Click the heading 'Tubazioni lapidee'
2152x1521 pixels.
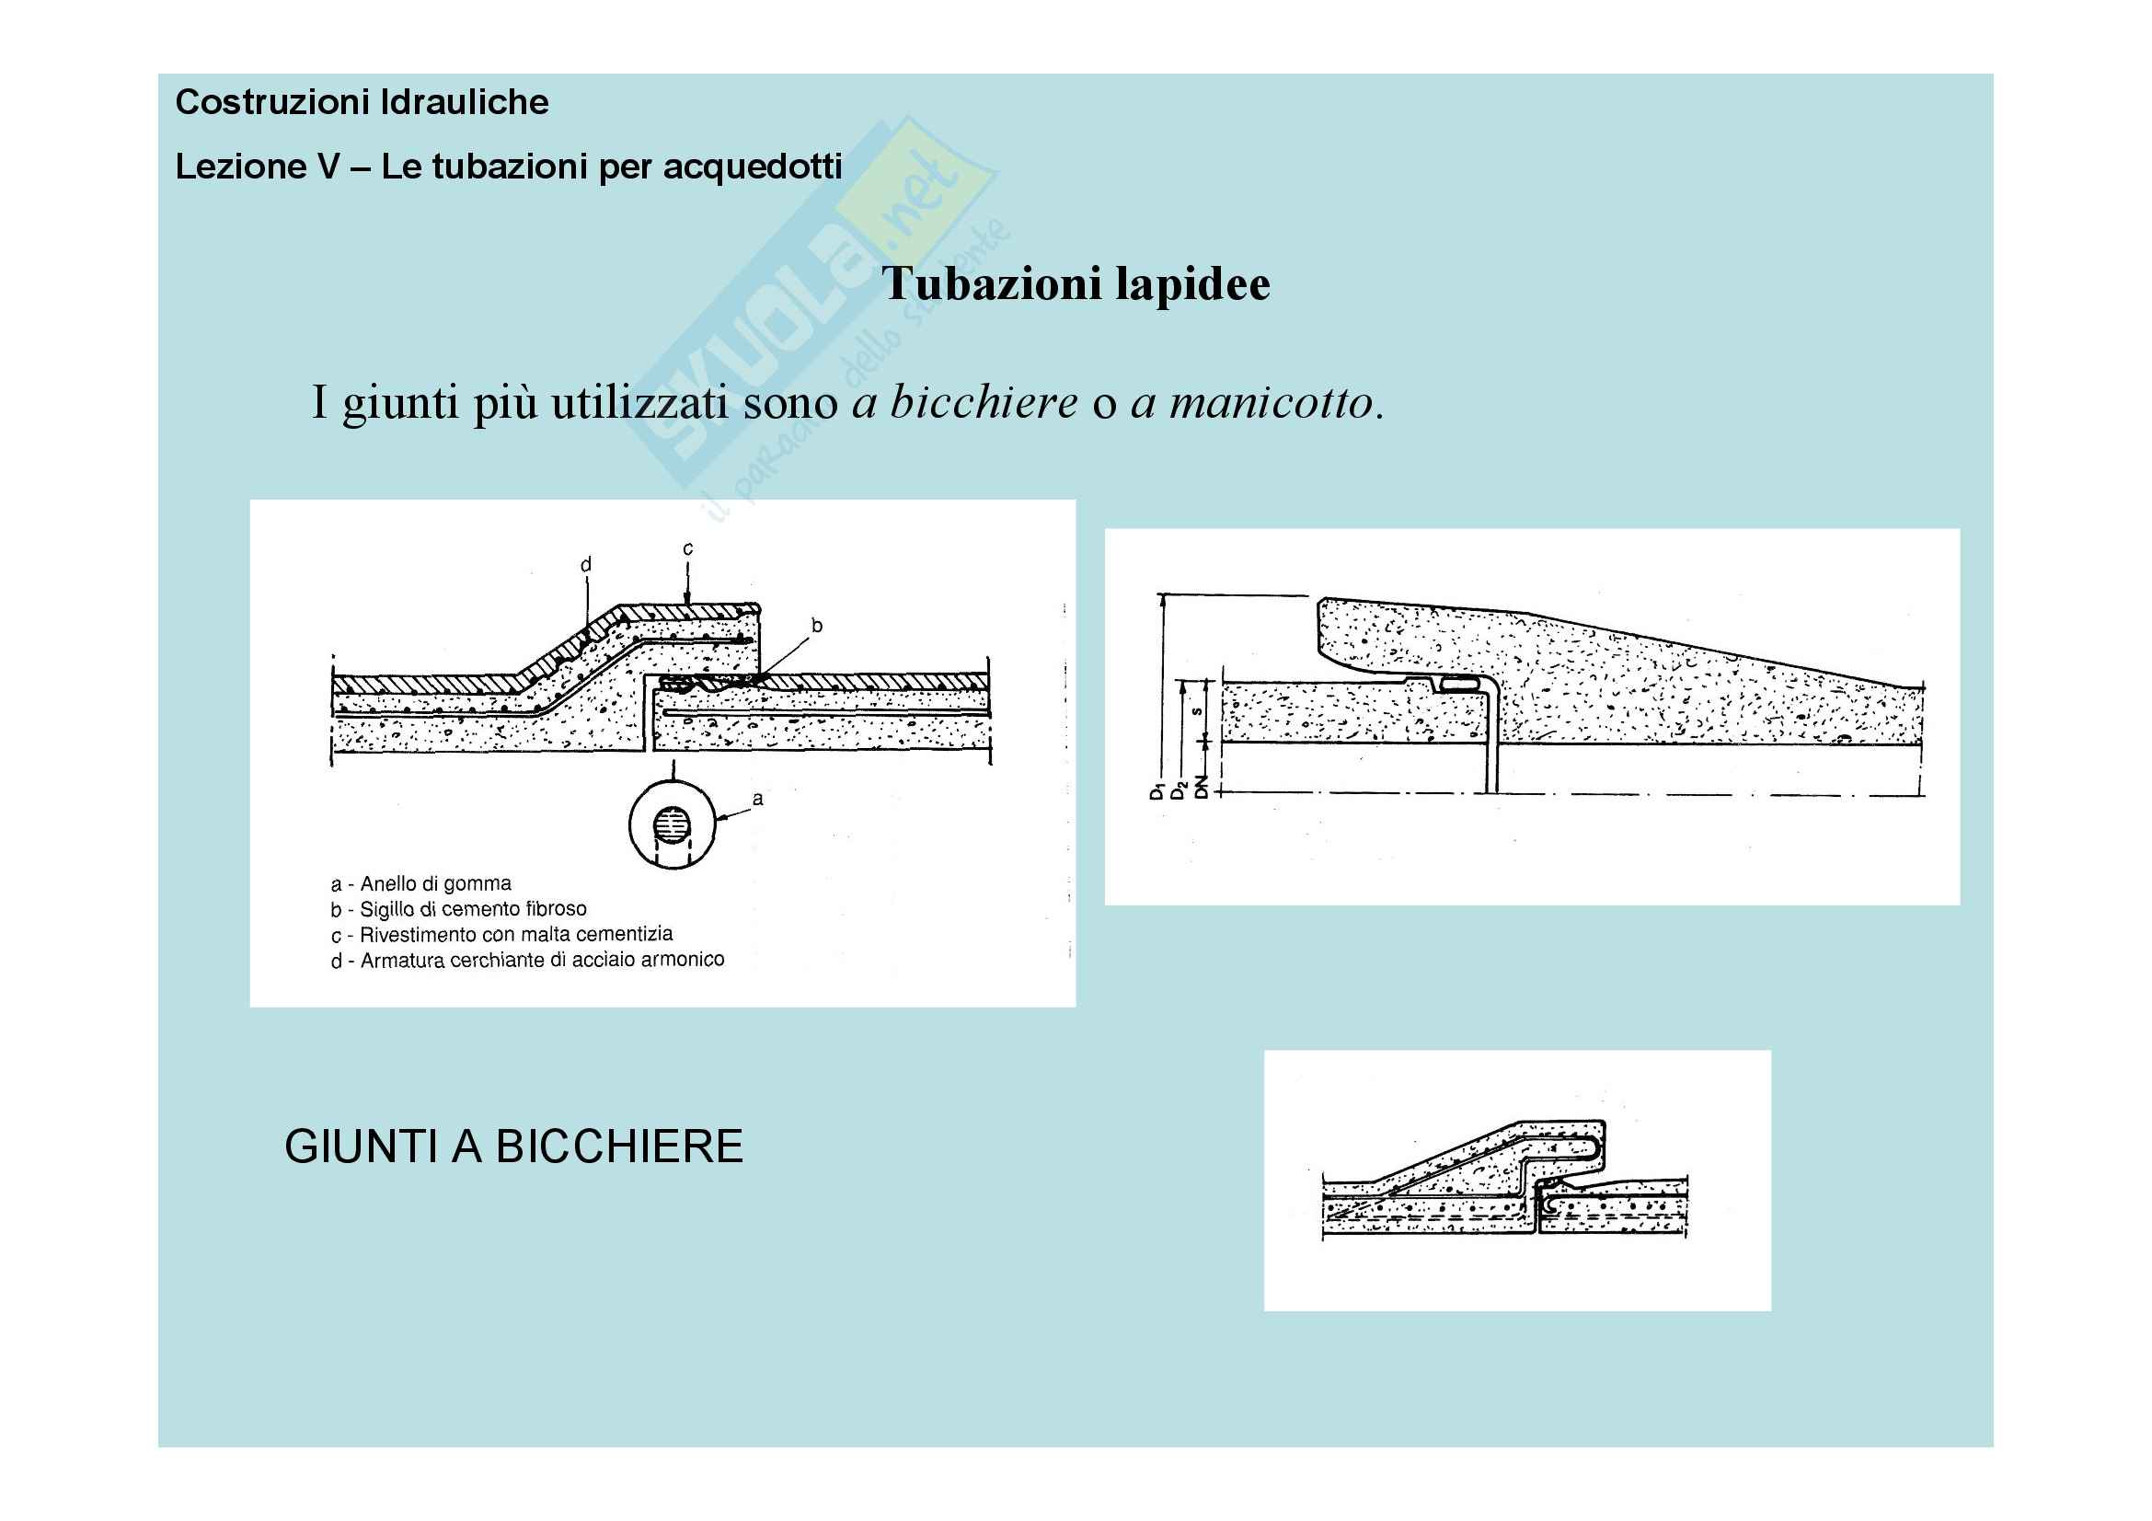1076,284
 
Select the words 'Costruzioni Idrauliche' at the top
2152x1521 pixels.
362,102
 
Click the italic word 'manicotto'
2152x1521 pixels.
1258,403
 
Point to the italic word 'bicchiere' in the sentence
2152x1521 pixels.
964,403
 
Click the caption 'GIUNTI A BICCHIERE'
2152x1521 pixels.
513,1147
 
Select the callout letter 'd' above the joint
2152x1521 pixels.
586,564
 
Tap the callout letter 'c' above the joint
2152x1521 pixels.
688,548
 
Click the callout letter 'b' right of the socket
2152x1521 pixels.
816,625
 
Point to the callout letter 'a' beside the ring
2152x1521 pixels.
757,799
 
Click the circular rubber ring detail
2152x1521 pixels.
672,825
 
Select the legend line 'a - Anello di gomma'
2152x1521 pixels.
420,883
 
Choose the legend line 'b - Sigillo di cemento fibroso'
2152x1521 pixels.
458,909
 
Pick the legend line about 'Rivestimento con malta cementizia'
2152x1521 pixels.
501,934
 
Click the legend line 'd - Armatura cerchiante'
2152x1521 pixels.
527,960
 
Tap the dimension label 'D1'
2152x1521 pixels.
1157,790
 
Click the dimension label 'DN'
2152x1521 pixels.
1202,790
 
